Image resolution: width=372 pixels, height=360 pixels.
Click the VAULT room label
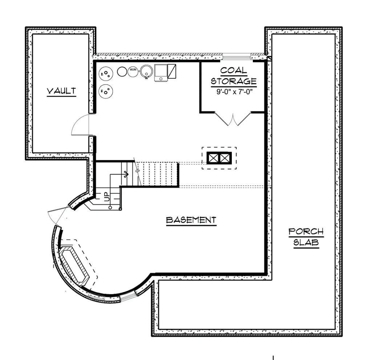[x=61, y=91]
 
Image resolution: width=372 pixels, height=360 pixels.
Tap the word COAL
[x=234, y=70]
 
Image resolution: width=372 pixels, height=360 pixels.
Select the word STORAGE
[x=234, y=81]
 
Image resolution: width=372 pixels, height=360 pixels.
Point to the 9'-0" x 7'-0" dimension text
[x=234, y=92]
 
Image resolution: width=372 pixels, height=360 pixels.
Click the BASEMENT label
[x=191, y=220]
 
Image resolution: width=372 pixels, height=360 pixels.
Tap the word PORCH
[x=306, y=232]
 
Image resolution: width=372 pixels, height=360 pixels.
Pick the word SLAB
[x=306, y=243]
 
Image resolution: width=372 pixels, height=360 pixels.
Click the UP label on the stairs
[x=107, y=197]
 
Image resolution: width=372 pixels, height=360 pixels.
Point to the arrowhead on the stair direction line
[x=126, y=175]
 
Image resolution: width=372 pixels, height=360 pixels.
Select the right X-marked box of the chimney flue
[x=225, y=158]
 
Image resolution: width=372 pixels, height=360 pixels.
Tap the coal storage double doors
[x=232, y=118]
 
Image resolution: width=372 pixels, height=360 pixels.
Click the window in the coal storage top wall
[x=236, y=56]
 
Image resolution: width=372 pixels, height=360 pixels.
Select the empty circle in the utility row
[x=122, y=71]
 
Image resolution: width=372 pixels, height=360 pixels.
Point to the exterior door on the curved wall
[x=56, y=216]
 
